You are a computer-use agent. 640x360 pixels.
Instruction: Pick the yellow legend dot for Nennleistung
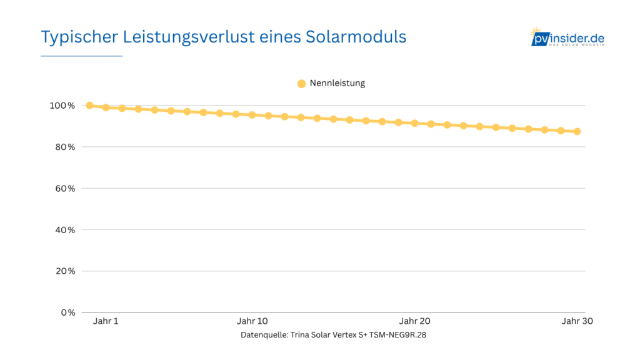[x=301, y=84]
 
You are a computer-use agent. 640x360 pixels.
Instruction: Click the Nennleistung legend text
[x=337, y=83]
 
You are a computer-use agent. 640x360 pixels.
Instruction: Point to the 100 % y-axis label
[x=62, y=106]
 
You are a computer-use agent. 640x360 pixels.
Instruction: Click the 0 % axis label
[x=67, y=312]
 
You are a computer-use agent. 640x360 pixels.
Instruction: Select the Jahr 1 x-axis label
[x=106, y=321]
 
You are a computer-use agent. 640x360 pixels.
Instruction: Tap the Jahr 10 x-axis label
[x=252, y=321]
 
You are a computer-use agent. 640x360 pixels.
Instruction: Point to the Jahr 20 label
[x=415, y=321]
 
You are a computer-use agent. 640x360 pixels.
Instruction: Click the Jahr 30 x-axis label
[x=577, y=321]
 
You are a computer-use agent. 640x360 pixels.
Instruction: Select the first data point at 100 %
[x=89, y=106]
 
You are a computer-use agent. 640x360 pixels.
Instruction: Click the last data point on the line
[x=577, y=131]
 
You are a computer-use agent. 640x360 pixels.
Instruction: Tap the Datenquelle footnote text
[x=333, y=335]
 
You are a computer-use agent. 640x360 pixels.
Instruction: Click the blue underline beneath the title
[x=82, y=56]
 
